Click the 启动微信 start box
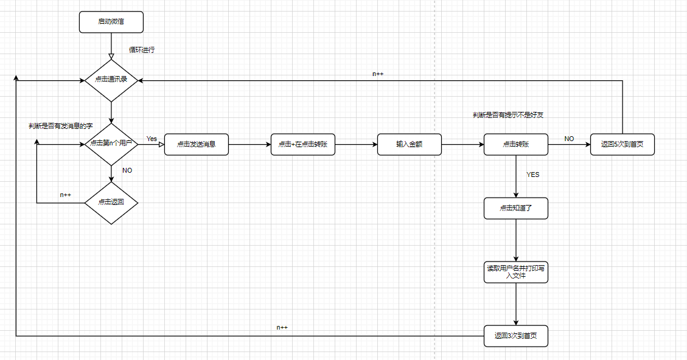tap(111, 22)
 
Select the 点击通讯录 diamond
tap(111, 80)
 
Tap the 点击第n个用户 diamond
tap(111, 144)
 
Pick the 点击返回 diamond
tap(111, 202)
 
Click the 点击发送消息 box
tap(197, 145)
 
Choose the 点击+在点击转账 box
tap(302, 145)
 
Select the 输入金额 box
tap(409, 145)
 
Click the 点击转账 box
tap(515, 145)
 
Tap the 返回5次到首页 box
tap(622, 145)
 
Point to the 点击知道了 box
tap(515, 208)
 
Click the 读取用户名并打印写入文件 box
tap(515, 272)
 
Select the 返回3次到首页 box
tap(515, 336)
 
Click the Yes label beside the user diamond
tap(152, 139)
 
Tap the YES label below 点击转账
tap(532, 175)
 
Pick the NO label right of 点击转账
tap(569, 139)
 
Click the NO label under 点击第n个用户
tap(127, 170)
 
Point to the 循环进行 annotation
tap(142, 50)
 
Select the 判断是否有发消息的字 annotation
tap(60, 126)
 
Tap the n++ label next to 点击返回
tap(66, 195)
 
